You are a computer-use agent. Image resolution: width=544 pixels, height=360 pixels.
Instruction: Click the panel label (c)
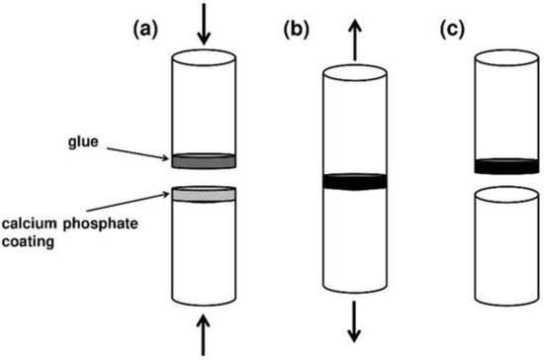pos(451,31)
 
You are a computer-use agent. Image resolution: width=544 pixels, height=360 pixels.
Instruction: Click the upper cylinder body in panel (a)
pos(204,104)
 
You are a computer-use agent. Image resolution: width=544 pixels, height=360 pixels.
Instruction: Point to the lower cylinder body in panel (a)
pos(204,253)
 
